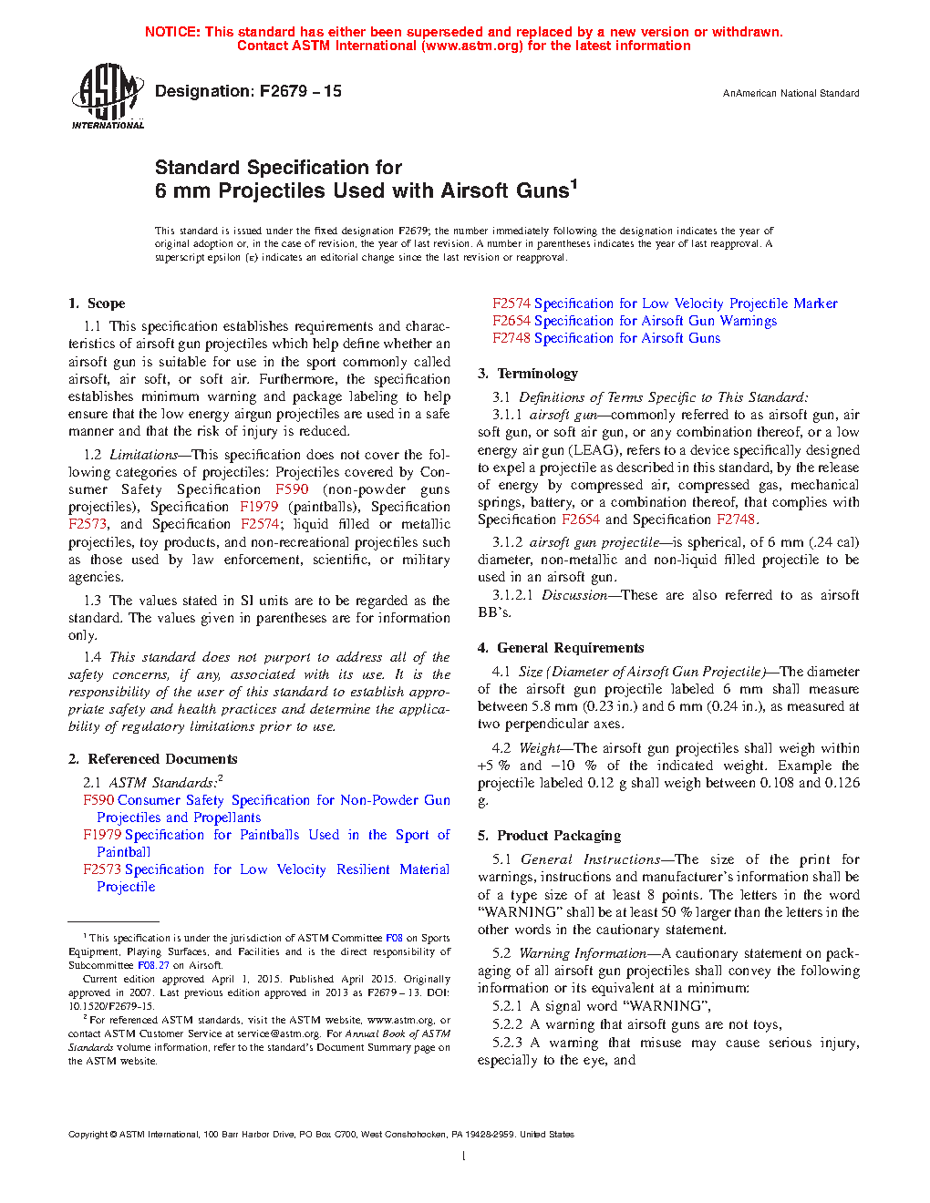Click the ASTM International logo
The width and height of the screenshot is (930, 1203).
coord(108,96)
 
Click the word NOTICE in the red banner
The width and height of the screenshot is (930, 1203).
coord(171,32)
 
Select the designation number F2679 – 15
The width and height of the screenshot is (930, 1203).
coord(301,91)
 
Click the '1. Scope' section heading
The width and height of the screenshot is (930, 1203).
coord(97,303)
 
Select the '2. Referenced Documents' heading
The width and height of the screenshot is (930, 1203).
coord(153,759)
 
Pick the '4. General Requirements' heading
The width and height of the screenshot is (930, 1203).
coord(561,648)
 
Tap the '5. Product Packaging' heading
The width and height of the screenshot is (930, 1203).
coord(549,836)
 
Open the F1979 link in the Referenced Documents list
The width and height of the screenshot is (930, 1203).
coord(102,835)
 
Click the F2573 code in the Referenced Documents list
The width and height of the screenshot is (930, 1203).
coord(102,869)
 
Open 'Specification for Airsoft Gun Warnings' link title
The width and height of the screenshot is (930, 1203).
coord(656,321)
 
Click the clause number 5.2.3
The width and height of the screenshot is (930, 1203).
coord(508,1043)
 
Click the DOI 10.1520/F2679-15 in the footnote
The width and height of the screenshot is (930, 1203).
coord(110,1006)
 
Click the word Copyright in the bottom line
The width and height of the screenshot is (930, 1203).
coord(88,1135)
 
